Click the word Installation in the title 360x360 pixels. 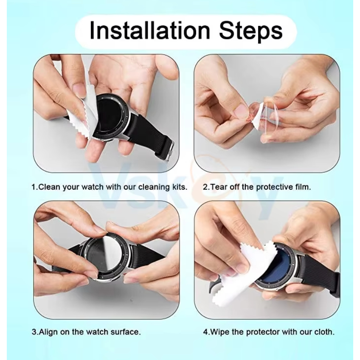pyautogui.click(x=150, y=30)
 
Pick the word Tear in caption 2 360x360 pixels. pyautogui.click(x=219, y=187)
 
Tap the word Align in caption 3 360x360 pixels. pyautogui.click(x=49, y=332)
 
